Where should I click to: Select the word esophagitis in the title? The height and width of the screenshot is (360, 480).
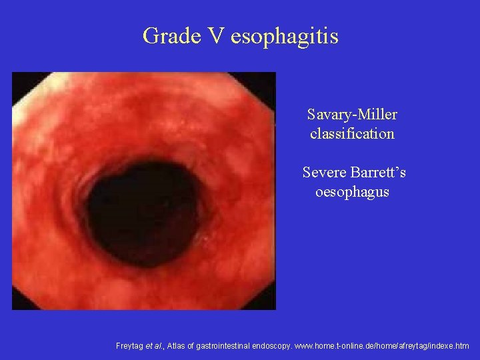pos(285,36)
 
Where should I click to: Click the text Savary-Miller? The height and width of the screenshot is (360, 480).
pos(352,115)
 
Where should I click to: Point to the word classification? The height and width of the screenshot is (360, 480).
pos(352,133)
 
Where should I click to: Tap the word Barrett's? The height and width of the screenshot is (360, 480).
pos(379,173)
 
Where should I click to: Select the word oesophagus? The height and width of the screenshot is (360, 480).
pos(352,192)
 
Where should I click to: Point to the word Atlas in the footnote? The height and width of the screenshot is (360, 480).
pos(177,346)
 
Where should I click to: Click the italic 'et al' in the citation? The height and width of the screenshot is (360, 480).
pos(157,346)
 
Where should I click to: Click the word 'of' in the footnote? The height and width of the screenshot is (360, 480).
pos(195,346)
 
